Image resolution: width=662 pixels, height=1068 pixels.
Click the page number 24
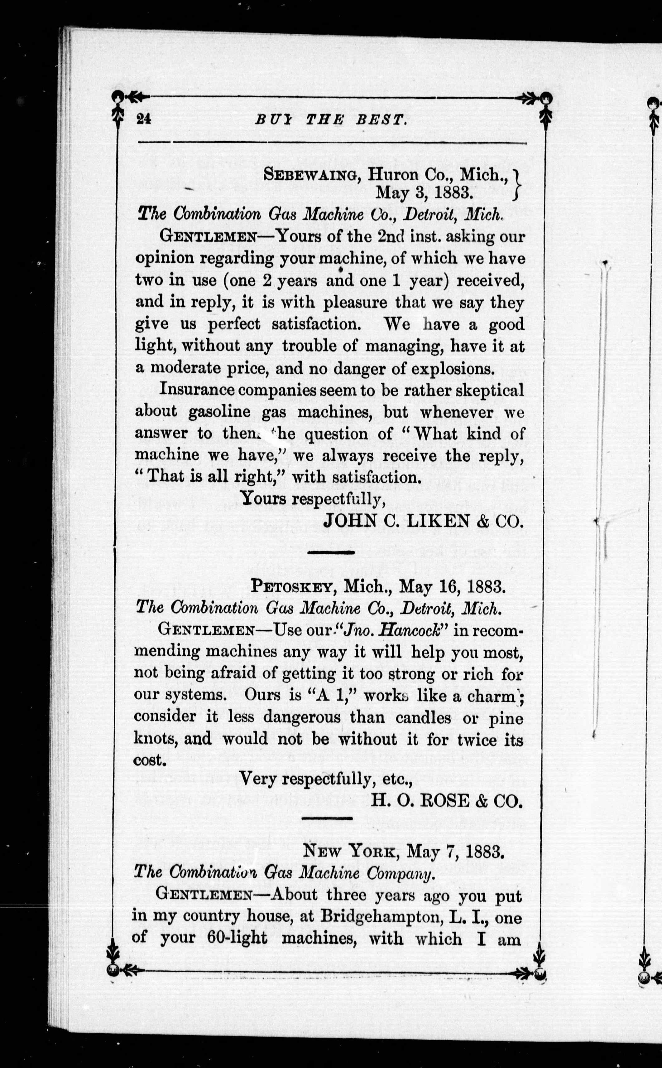tap(143, 119)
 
